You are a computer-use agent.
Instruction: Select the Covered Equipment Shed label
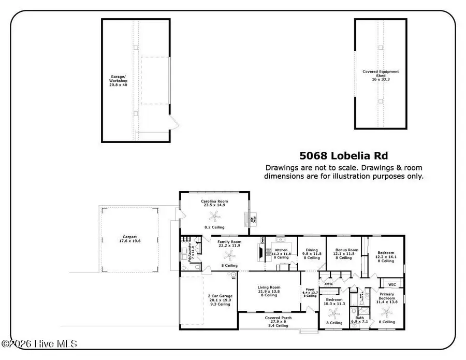point(381,76)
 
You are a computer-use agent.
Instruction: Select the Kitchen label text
point(281,250)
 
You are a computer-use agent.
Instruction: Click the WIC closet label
point(392,284)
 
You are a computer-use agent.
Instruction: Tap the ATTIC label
point(328,284)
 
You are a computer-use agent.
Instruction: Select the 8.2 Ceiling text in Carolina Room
point(215,227)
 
